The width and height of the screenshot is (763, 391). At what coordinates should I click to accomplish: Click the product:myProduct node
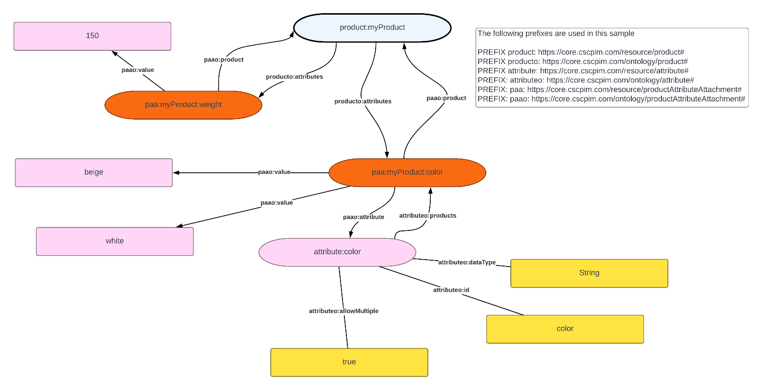372,28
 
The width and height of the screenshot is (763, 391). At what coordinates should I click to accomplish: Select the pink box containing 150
92,36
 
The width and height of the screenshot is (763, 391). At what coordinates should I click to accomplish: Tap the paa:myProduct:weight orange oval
183,105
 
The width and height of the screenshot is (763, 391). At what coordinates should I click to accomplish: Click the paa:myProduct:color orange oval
407,172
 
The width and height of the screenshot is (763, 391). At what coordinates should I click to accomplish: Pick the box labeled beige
94,172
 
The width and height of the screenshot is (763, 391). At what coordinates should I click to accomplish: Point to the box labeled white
115,241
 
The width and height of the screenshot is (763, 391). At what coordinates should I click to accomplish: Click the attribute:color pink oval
337,252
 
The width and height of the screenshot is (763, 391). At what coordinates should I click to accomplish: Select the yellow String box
589,273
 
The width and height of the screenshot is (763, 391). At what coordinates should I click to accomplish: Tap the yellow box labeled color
565,329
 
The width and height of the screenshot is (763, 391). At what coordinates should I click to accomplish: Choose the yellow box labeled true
349,362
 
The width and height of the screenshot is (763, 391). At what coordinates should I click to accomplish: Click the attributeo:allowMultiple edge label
343,311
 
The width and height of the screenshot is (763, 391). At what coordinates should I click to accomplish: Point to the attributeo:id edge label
451,290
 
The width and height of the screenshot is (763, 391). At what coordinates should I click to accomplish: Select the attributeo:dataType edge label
466,263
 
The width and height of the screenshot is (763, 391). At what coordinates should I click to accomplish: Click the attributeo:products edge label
427,216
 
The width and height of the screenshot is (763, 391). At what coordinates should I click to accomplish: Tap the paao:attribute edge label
363,217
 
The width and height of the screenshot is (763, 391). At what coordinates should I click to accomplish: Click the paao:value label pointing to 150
138,70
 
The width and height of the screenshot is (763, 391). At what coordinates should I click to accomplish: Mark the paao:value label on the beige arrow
274,172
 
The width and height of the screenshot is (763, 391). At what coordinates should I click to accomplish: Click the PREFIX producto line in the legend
582,62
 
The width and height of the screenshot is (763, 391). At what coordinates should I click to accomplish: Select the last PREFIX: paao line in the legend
611,99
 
